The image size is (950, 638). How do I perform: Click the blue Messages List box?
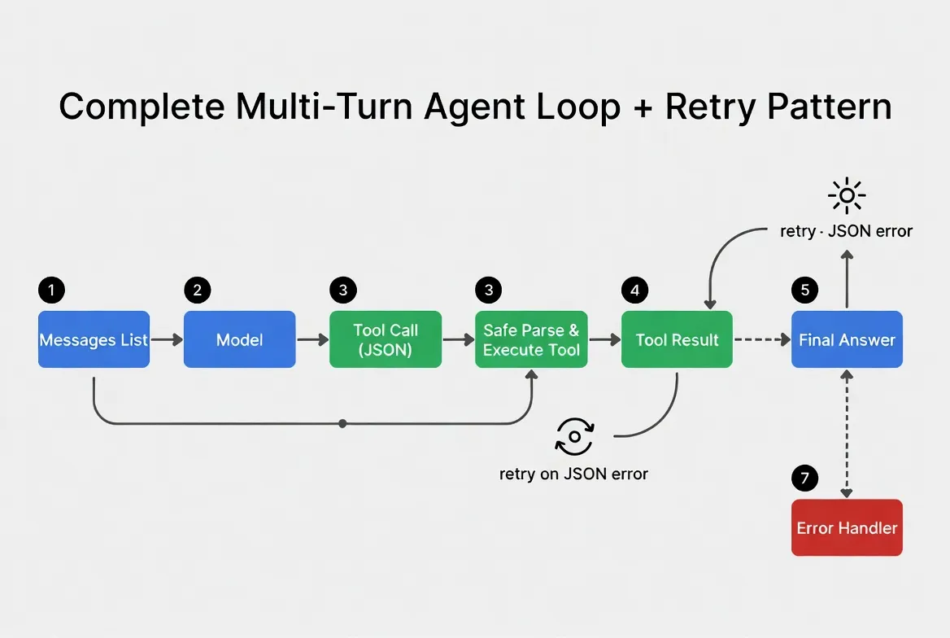(x=94, y=339)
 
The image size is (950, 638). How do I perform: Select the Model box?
(x=239, y=339)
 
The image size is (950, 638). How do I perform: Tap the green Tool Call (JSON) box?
(x=386, y=339)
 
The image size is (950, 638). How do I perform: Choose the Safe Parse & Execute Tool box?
(x=531, y=339)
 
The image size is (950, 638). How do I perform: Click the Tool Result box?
(x=677, y=339)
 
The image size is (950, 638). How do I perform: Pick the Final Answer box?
(x=847, y=339)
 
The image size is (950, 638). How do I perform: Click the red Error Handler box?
(x=847, y=527)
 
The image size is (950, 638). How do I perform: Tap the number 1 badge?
(x=51, y=290)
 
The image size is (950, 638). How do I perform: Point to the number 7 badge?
(x=804, y=478)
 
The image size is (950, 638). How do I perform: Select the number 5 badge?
(x=804, y=290)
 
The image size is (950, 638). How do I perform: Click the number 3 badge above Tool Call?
(x=342, y=290)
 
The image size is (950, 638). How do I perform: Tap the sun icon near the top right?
(x=847, y=195)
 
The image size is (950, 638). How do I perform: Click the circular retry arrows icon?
(x=574, y=436)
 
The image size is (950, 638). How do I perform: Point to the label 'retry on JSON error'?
(x=573, y=474)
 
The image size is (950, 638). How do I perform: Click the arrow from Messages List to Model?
(x=167, y=339)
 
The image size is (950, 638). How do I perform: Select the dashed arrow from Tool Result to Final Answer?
(x=761, y=339)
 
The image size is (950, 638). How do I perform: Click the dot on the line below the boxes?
(x=342, y=423)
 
